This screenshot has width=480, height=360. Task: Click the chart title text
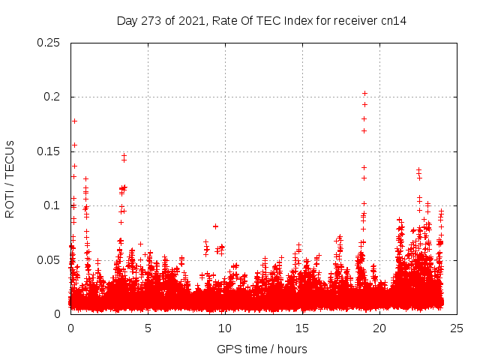[262, 21]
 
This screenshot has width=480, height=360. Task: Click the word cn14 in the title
[393, 21]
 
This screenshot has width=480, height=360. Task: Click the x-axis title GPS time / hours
[262, 349]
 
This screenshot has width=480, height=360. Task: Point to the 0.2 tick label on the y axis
[52, 97]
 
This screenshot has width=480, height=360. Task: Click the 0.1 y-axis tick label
[52, 205]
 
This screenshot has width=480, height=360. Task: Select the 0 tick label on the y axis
[58, 314]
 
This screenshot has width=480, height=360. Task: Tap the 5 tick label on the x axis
[148, 328]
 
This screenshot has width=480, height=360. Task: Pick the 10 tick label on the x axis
[225, 328]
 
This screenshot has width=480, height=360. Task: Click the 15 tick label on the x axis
[302, 328]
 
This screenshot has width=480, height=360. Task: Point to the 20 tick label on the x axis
[379, 328]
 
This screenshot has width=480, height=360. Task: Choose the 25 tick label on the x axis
[457, 328]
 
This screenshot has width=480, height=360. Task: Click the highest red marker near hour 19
[364, 94]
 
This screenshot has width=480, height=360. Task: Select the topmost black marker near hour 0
[74, 121]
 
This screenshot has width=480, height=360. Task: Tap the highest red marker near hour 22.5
[418, 170]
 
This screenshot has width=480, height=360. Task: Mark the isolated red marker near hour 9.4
[215, 226]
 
